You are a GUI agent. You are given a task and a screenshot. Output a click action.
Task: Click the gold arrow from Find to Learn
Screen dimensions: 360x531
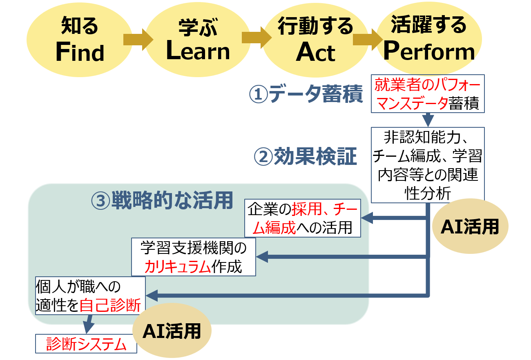pos(137,39)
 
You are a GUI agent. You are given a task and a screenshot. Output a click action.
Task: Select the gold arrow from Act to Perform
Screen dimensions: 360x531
pos(367,39)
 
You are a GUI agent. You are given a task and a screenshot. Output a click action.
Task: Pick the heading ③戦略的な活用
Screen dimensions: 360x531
pos(162,200)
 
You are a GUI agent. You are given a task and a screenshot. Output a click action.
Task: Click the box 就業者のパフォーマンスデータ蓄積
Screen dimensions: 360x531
pos(428,93)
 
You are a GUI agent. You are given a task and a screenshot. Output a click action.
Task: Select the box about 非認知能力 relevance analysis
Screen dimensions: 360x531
pos(428,165)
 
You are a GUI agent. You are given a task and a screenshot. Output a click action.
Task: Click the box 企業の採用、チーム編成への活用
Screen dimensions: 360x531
pos(303,218)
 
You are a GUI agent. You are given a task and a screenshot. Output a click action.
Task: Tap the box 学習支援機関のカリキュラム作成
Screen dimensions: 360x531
pos(194,257)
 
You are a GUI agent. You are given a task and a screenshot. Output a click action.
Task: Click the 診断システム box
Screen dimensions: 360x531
pos(86,344)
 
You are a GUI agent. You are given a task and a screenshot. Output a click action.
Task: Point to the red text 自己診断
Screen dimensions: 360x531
pos(110,305)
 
